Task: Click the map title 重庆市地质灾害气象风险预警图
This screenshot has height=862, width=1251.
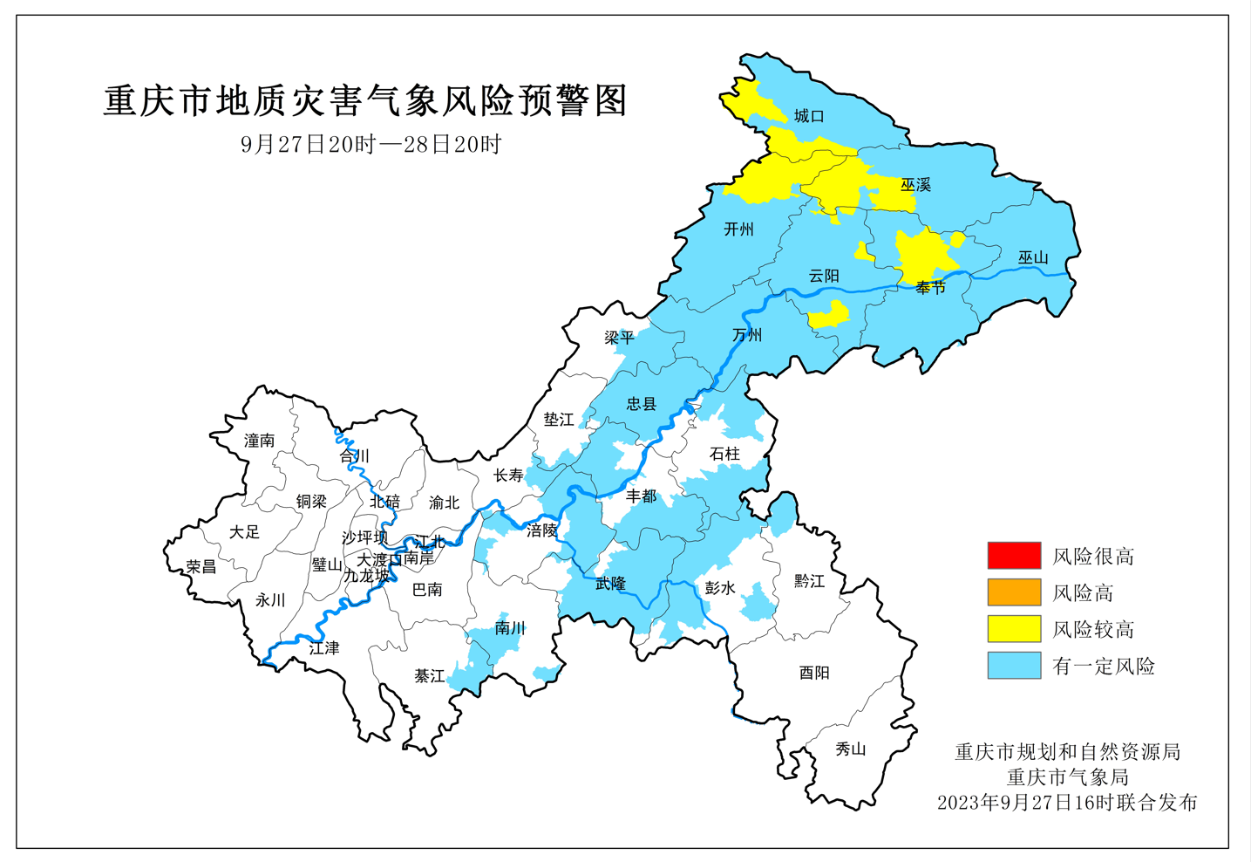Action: [x=365, y=101]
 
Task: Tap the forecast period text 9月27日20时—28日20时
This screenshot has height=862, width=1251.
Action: [x=371, y=145]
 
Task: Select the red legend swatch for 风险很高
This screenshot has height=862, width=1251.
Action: [x=1014, y=556]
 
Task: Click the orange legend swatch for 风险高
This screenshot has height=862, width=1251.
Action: [x=1014, y=592]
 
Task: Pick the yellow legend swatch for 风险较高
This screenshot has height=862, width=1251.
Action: [x=1014, y=629]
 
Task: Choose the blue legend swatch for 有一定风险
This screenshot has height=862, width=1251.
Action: [x=1014, y=666]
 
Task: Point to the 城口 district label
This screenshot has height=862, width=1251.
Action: [x=808, y=116]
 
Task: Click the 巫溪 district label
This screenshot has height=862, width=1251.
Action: [x=915, y=185]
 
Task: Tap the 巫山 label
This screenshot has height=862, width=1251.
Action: [x=1033, y=258]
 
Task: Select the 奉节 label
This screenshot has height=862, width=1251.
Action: [x=930, y=288]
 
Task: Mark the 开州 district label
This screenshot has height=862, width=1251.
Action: [x=738, y=229]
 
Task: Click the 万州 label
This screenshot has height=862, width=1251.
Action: [x=747, y=335]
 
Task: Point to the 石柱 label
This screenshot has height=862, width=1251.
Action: [x=724, y=454]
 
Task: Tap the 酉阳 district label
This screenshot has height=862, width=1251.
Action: [x=814, y=673]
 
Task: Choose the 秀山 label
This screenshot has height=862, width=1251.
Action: [x=850, y=749]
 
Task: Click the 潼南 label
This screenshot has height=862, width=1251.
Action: [x=259, y=441]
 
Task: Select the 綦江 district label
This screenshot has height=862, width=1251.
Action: [x=429, y=676]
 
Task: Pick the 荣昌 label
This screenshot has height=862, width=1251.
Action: [x=201, y=567]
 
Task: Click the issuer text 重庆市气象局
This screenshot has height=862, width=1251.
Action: [x=1067, y=776]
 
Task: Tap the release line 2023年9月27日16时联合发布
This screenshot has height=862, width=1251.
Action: [x=1067, y=803]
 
